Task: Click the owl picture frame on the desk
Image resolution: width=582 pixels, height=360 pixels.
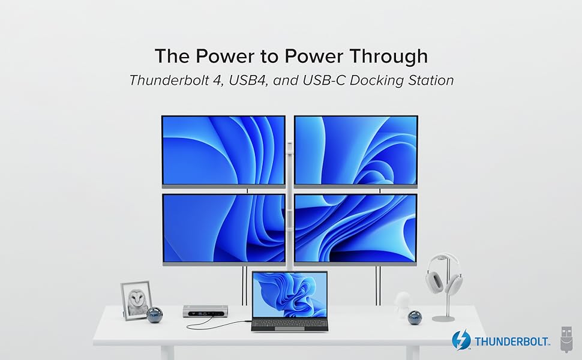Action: [136, 300]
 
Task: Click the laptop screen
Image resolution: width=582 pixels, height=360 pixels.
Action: [290, 293]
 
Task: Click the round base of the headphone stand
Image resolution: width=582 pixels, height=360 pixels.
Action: [445, 318]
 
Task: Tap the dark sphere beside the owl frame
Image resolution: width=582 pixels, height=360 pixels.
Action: [155, 314]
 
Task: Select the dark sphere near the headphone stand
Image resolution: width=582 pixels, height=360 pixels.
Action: [415, 317]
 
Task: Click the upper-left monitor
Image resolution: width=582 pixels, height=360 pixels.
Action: [223, 150]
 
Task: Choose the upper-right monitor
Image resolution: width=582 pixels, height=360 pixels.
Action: [356, 150]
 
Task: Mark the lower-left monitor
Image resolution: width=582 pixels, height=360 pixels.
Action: [224, 227]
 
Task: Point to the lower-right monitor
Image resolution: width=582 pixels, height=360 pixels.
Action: [356, 227]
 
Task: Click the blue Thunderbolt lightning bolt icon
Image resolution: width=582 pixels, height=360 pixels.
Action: [461, 340]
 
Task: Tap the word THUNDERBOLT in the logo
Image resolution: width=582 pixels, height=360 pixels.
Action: [512, 342]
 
